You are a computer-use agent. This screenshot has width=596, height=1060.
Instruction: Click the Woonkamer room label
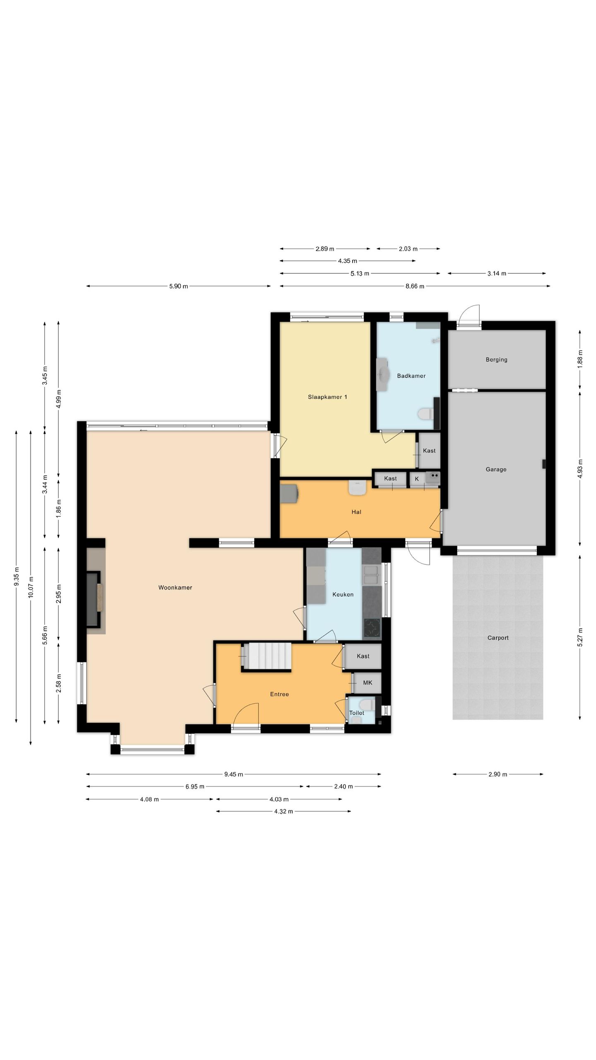[175, 587]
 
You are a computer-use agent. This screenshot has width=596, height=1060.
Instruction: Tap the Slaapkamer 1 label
[327, 397]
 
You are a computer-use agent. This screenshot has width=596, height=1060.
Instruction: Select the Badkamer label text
[411, 376]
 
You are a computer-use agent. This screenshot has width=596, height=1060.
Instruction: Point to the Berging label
[496, 359]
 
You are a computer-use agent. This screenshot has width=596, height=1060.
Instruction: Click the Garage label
[496, 469]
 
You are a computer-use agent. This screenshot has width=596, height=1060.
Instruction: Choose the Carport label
[498, 638]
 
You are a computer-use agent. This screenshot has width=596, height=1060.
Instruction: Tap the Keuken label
[343, 594]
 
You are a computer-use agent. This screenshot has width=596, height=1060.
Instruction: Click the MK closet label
[368, 682]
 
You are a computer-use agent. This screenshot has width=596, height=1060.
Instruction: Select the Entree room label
[279, 694]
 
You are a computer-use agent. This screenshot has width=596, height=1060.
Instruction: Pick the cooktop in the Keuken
[372, 628]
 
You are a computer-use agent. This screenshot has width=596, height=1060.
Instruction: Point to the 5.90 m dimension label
[178, 286]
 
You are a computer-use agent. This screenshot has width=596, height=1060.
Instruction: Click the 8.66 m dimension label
[415, 286]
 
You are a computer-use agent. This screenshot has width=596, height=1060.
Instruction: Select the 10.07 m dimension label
[31, 587]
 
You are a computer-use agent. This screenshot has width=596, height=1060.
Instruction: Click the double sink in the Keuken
[371, 574]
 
